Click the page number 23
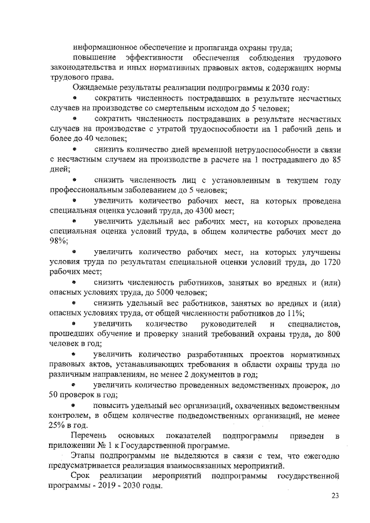[335, 495]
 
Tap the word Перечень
[88, 434]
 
